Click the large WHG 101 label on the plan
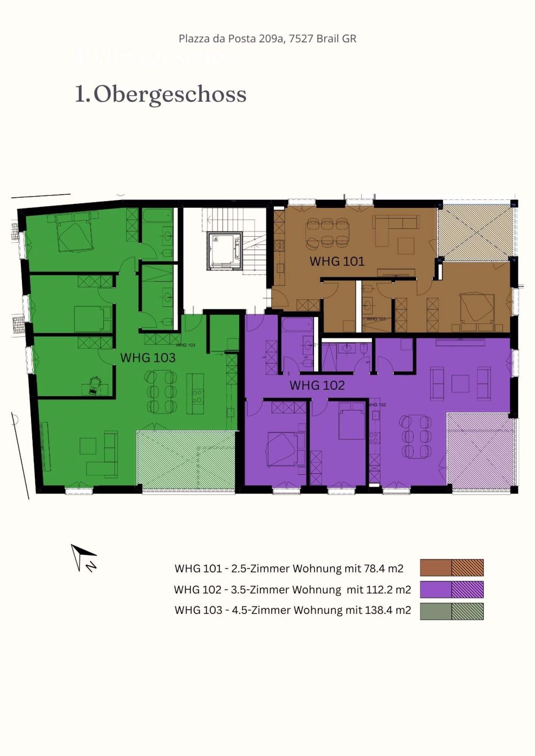pos(337,261)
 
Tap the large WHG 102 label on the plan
pos(317,385)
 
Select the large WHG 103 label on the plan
pos(148,358)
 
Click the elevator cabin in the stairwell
pos(225,250)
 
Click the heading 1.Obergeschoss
pos(160,94)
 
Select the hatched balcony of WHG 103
pos(186,460)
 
